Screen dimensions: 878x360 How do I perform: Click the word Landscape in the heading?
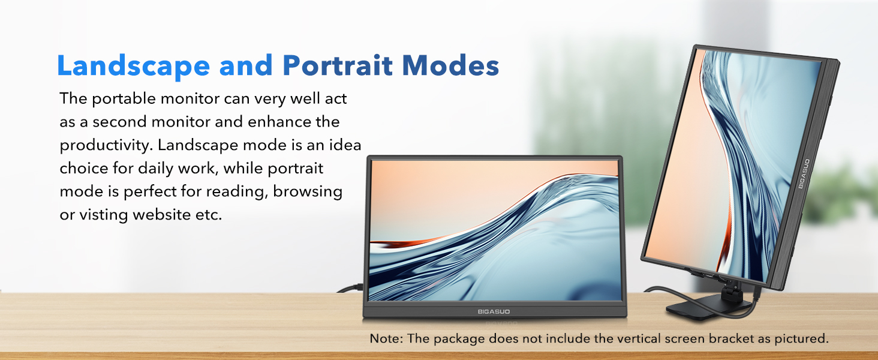pos(134,66)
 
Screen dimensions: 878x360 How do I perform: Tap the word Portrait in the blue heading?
pos(338,65)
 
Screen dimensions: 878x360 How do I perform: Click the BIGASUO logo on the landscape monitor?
pos(494,312)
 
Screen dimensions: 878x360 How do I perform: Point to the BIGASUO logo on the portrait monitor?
pos(804,174)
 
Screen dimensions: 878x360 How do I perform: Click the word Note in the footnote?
pos(385,338)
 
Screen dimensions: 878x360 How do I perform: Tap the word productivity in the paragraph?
pos(106,145)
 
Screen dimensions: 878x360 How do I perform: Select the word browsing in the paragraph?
pos(307,192)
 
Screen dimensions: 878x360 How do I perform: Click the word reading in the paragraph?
pos(236,192)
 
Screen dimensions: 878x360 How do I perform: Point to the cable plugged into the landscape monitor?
pos(351,289)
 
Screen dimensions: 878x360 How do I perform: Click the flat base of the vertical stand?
pos(702,309)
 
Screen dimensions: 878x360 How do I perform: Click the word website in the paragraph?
pos(161,215)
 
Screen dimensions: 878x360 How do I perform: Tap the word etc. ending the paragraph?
pos(209,215)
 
